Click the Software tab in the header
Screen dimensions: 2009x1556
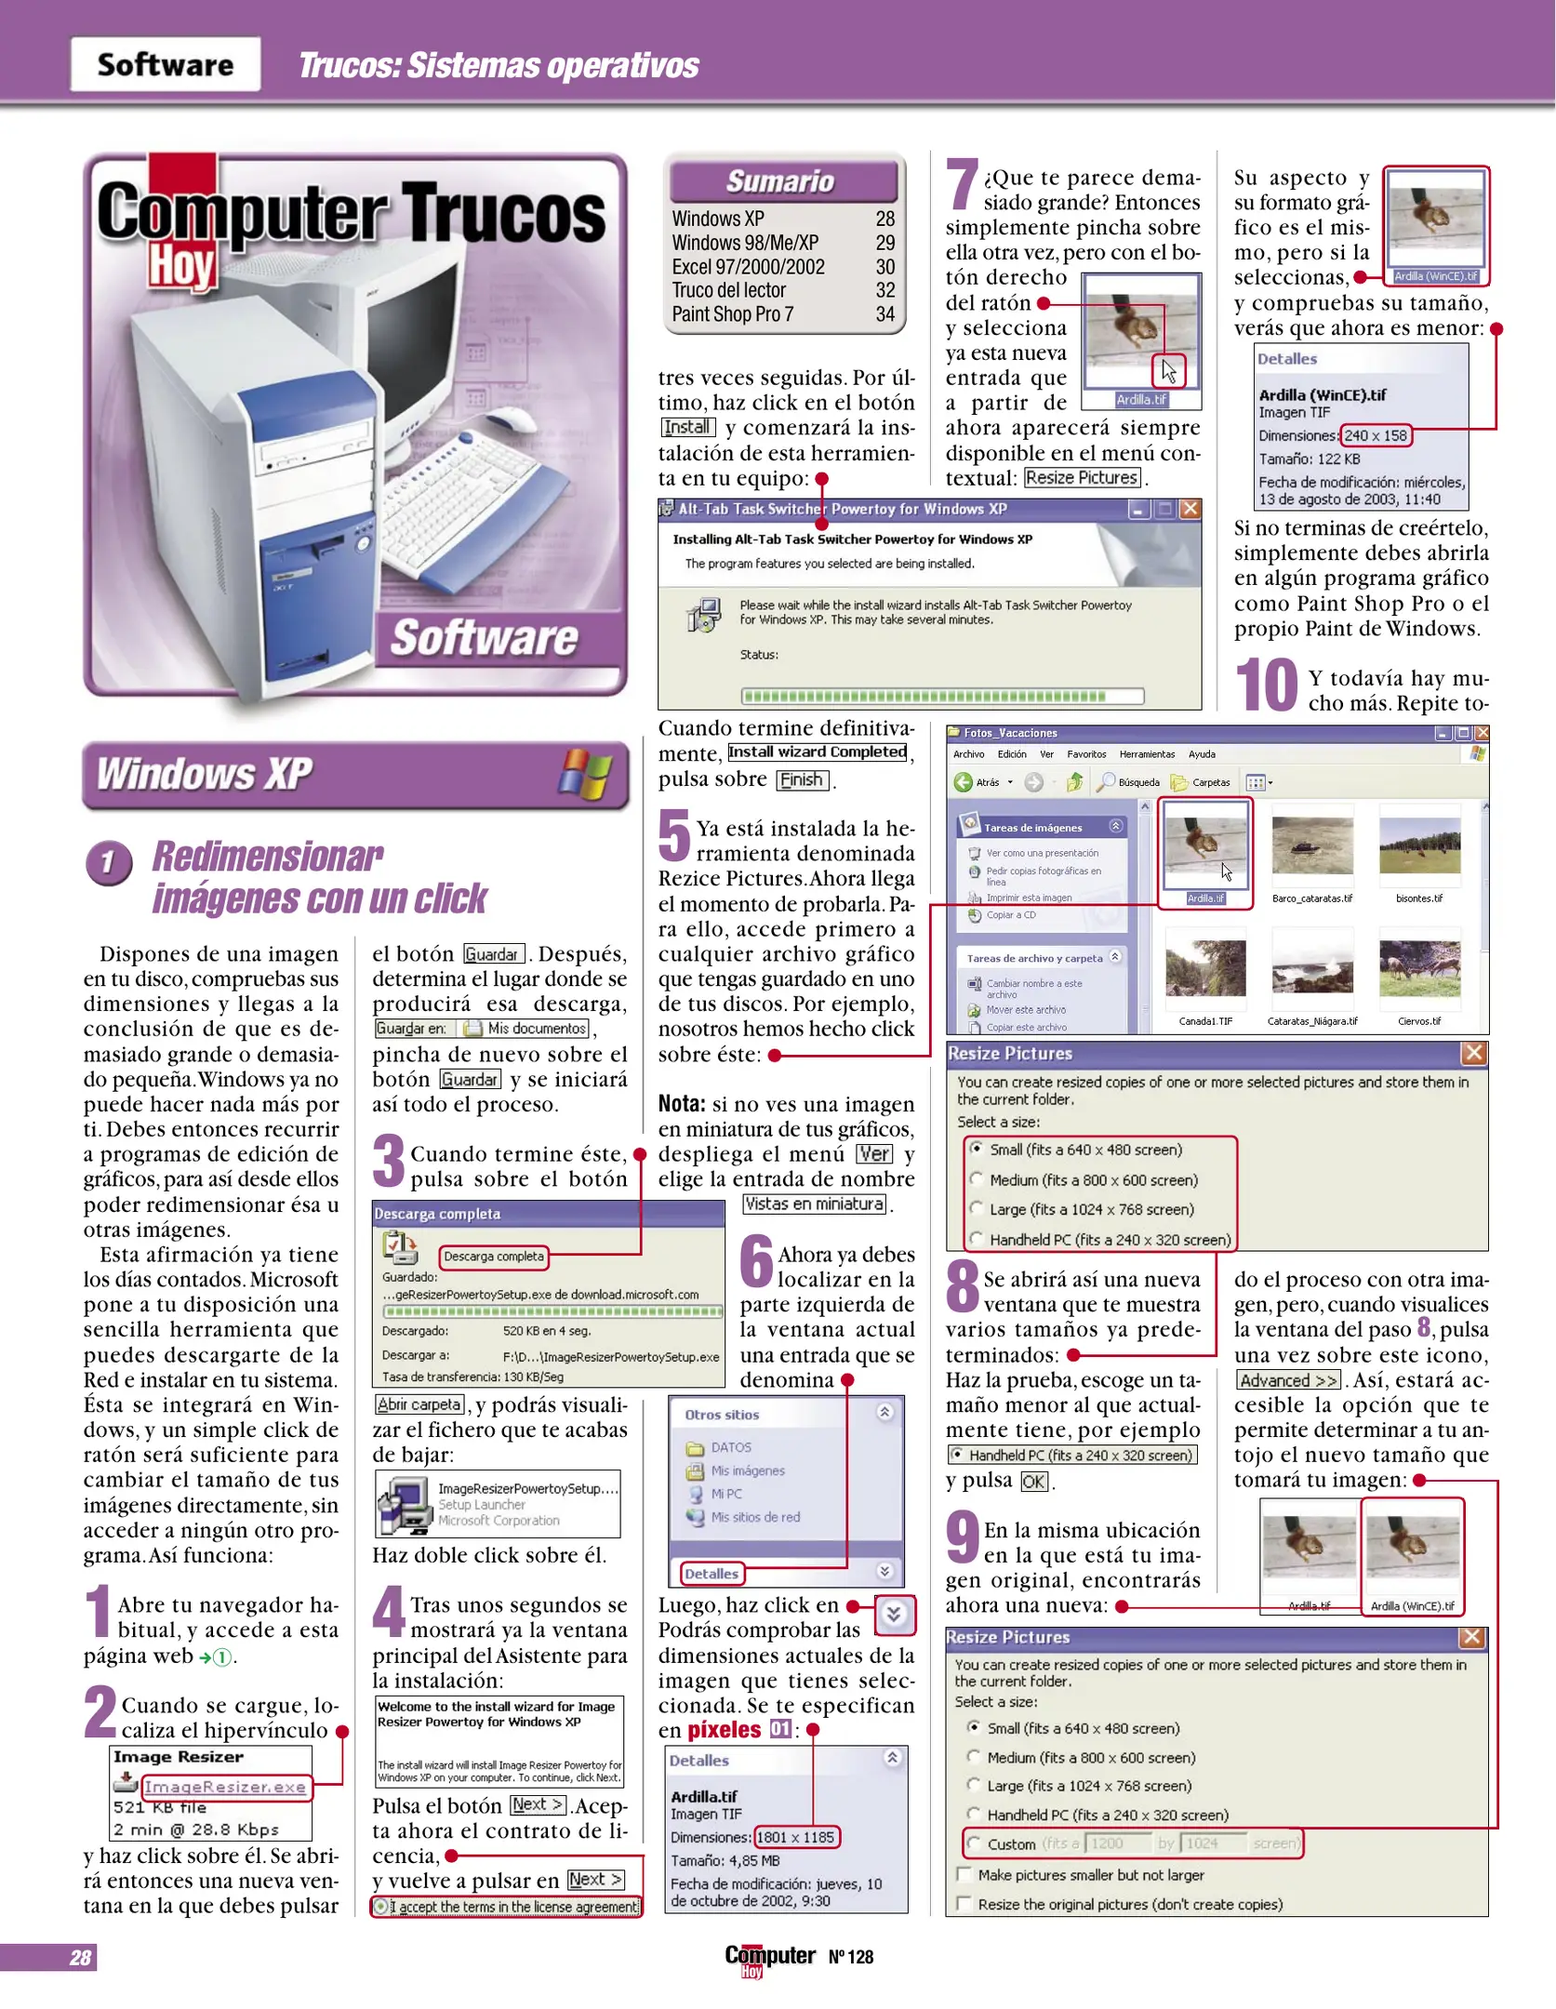pos(166,64)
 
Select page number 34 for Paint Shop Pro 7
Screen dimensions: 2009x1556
pos(884,314)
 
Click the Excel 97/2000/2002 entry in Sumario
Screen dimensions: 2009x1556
pos(748,267)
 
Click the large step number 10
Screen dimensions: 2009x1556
pos(1266,685)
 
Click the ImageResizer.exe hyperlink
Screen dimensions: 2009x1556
pos(225,1786)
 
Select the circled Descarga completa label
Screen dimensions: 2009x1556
pos(494,1256)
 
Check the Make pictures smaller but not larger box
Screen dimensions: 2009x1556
pos(964,1874)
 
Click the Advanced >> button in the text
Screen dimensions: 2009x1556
pos(1288,1380)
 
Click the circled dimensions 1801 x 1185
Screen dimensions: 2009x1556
pos(795,1837)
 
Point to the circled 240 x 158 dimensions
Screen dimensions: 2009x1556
pos(1375,435)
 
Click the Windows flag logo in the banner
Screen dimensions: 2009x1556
pos(585,773)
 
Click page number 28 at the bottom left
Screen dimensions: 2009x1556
pos(80,1957)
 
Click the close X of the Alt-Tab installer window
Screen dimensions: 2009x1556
pos(1190,509)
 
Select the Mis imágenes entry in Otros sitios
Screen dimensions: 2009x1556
pos(747,1470)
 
